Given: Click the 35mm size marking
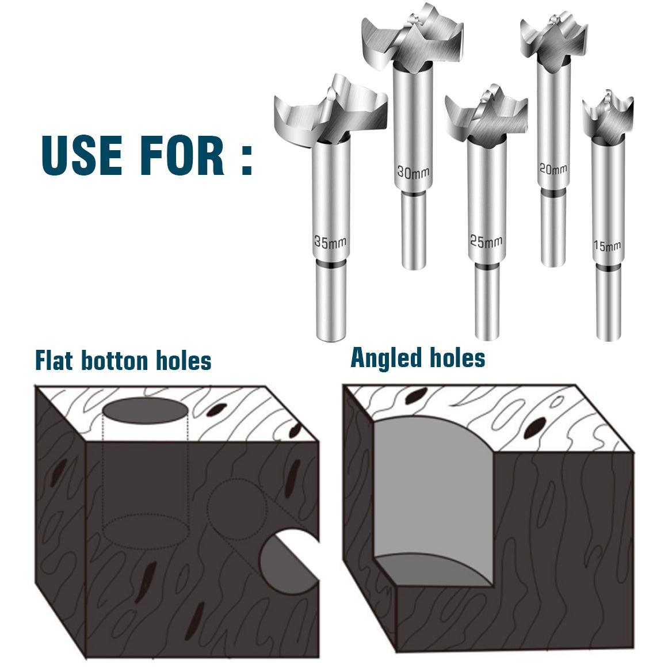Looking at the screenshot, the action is coord(330,242).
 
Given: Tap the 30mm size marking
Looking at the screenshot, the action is coord(413,172).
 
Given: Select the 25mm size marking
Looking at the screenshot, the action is coord(486,242).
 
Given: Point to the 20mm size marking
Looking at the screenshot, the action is coord(553,169).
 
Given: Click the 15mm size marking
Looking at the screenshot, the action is coord(607,246).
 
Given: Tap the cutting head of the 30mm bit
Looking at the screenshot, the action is coord(411,39).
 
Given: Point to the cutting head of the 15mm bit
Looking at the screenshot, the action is coord(608,115).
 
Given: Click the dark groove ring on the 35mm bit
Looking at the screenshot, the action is coord(331,265).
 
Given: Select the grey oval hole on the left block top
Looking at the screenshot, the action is coord(145,411).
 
